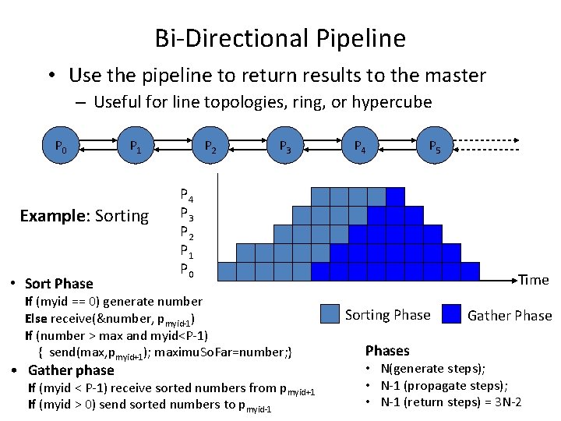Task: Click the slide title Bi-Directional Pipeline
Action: coord(280,37)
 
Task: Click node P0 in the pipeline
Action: coord(60,146)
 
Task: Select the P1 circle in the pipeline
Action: coord(135,146)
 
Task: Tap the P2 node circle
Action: coord(210,146)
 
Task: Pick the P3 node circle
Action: coord(284,146)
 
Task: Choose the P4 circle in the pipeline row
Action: coord(360,146)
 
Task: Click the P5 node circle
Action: coord(435,146)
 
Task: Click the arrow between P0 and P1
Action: coord(97,146)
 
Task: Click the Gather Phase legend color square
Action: coord(452,314)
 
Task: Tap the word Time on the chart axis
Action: coord(534,280)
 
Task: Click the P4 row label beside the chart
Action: coord(187,195)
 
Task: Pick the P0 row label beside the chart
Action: coord(187,270)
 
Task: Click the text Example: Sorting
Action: coord(84,216)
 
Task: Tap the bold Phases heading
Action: coord(387,350)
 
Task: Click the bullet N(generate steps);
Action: coord(432,369)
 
